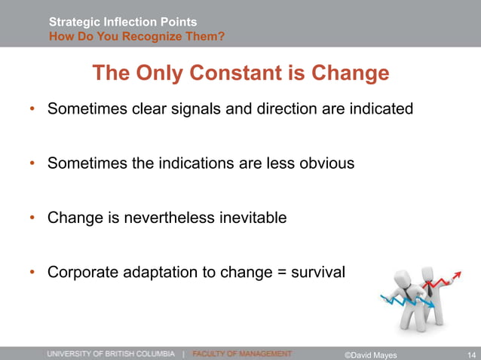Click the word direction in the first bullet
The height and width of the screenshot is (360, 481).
[x=287, y=108]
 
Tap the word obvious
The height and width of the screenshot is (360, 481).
[x=326, y=163]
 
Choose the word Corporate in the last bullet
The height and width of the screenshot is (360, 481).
[x=80, y=272]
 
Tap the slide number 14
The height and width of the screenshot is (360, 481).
[x=470, y=354]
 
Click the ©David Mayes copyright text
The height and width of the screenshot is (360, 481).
[x=370, y=354]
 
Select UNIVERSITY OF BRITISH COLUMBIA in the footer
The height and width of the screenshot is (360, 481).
[x=112, y=353]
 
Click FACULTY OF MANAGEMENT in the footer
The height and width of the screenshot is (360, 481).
[x=242, y=353]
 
